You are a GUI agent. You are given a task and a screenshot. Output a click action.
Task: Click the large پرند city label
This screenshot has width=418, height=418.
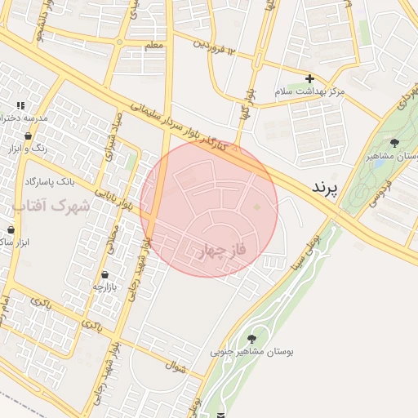pyautogui.click(x=330, y=187)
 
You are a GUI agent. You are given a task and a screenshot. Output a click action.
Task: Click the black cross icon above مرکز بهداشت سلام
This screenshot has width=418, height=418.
pyautogui.click(x=309, y=79)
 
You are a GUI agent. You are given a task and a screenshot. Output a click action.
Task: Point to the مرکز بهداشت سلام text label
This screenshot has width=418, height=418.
pyautogui.click(x=309, y=91)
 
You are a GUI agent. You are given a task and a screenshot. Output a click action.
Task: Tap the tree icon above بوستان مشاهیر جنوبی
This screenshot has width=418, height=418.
pyautogui.click(x=251, y=339)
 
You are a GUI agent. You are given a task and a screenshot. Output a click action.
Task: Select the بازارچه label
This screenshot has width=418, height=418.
pyautogui.click(x=105, y=287)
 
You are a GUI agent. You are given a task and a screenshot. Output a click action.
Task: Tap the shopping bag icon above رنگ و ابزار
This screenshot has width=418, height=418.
pyautogui.click(x=29, y=136)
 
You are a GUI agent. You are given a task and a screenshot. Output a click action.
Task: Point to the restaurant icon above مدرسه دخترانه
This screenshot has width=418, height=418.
pyautogui.click(x=20, y=106)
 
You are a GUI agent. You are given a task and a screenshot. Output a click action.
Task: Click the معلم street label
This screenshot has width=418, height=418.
pyautogui.click(x=153, y=45)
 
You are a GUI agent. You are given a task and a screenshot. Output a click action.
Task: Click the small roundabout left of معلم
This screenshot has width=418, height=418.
pyautogui.click(x=119, y=42)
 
